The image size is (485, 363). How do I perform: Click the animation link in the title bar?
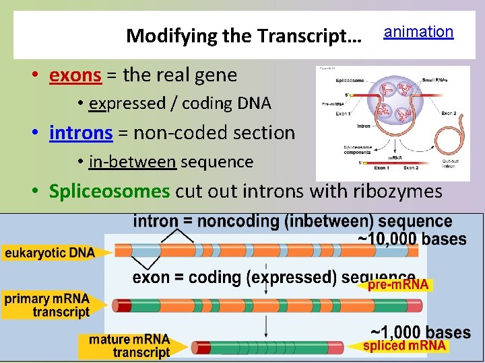coord(418,32)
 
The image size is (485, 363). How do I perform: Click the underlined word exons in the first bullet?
coord(75,75)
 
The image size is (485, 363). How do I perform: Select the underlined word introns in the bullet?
coord(81,132)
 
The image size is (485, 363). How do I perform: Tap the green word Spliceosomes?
coord(109,191)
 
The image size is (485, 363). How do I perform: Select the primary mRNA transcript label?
coord(47,305)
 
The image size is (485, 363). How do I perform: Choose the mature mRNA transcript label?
coord(129,346)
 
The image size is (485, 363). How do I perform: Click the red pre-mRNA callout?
coord(397,285)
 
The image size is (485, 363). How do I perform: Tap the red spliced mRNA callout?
coord(404,346)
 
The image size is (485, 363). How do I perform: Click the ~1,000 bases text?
coord(420,332)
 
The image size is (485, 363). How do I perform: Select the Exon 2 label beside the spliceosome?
coord(449,114)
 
